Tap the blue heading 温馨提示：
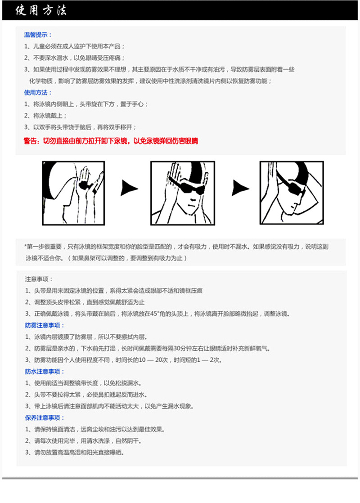[38, 35]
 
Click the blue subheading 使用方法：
[38, 92]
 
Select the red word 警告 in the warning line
[31, 141]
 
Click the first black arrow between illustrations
[129, 188]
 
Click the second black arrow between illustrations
[240, 188]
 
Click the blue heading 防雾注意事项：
[45, 325]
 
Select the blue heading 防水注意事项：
[45, 372]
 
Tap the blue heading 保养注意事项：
[45, 418]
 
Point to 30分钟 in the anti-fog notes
[184, 348]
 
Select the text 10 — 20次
[151, 360]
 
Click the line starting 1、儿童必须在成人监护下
[75, 46]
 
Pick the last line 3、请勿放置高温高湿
[74, 452]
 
